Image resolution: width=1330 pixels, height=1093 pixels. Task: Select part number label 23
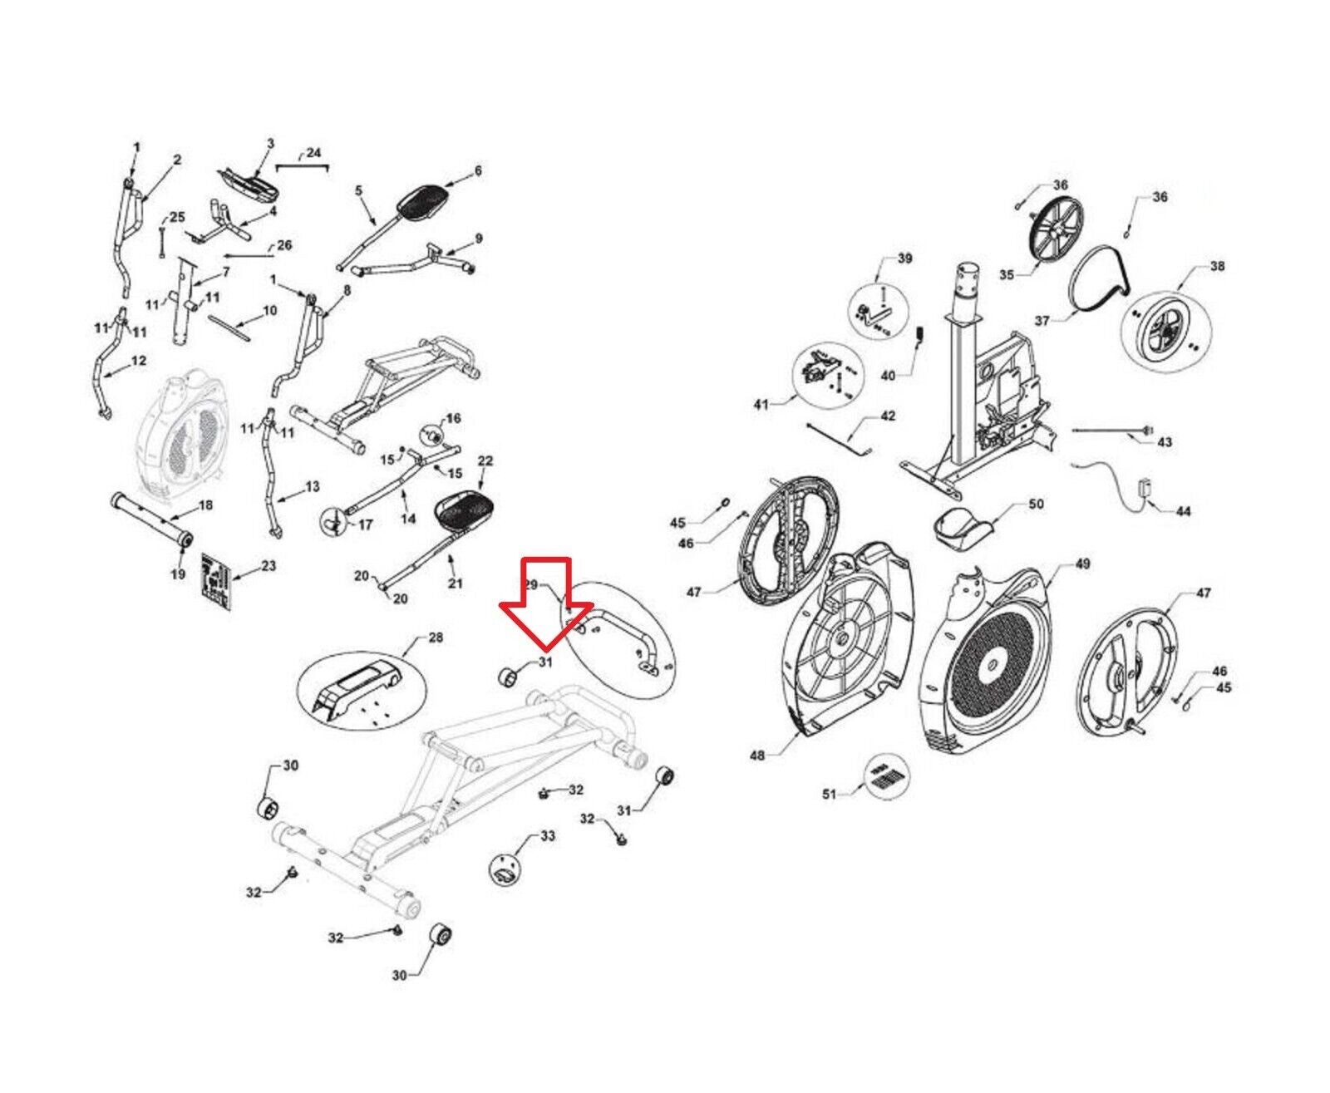pyautogui.click(x=268, y=566)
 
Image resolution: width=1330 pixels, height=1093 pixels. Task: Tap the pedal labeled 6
pyautogui.click(x=425, y=199)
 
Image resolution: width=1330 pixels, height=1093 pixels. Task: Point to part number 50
pyautogui.click(x=1036, y=504)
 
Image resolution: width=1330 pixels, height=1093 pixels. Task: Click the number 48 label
pyautogui.click(x=757, y=756)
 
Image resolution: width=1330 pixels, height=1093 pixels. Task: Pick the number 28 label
pyautogui.click(x=435, y=638)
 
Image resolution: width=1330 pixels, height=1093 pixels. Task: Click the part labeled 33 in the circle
pyautogui.click(x=505, y=869)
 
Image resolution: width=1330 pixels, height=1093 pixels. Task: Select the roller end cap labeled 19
pyautogui.click(x=184, y=539)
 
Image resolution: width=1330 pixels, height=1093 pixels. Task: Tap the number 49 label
pyautogui.click(x=1082, y=564)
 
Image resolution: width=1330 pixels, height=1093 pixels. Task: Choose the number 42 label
pyautogui.click(x=888, y=416)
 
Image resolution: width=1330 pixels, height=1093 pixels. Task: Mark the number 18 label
pyautogui.click(x=205, y=505)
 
